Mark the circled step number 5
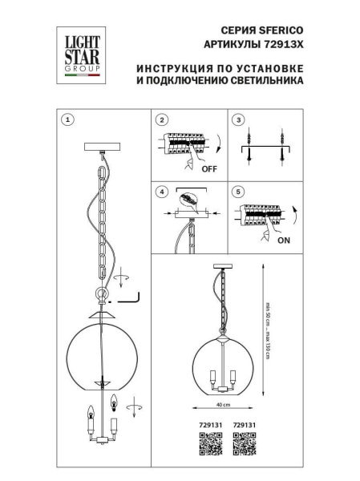(237, 192)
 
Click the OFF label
(208, 170)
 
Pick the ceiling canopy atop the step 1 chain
(101, 146)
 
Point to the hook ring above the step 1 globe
(100, 295)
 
